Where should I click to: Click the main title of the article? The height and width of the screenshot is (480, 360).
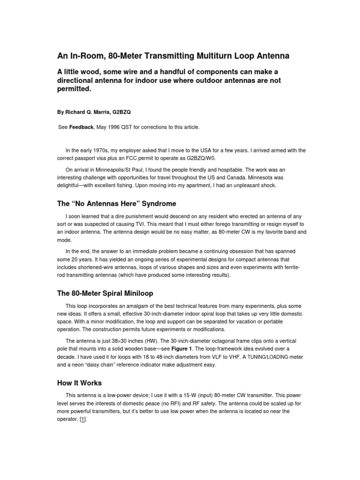pyautogui.click(x=173, y=56)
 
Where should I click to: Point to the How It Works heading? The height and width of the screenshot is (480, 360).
pyautogui.click(x=79, y=383)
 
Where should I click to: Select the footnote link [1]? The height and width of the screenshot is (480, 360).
pyautogui.click(x=83, y=420)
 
